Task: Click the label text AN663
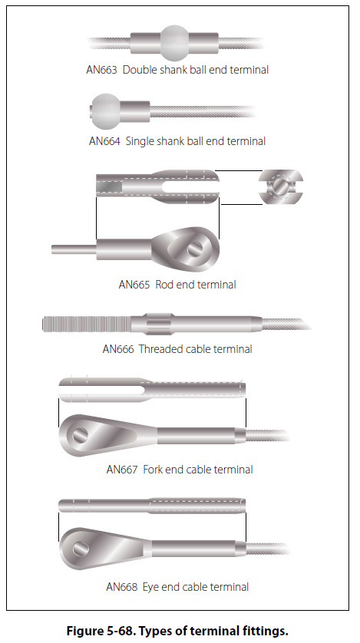coord(101,70)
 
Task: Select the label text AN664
coord(104,141)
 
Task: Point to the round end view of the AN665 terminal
coord(281,186)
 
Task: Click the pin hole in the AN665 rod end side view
coord(194,249)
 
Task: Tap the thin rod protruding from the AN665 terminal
coord(74,249)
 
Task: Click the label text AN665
coord(134,285)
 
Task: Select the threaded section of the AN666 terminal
coord(87,324)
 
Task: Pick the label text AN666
coord(118,349)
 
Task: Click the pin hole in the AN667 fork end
coord(80,435)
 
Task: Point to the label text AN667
coord(122,470)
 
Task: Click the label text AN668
coord(122,587)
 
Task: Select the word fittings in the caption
coord(266,630)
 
